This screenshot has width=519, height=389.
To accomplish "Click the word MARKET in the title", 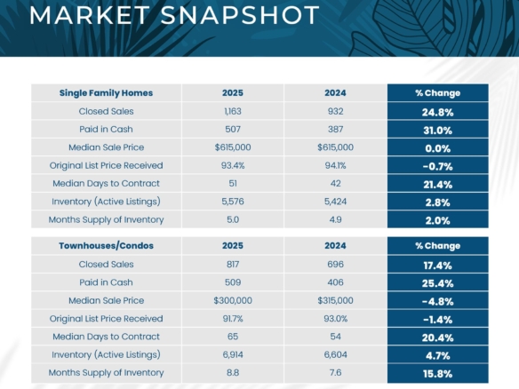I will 82,15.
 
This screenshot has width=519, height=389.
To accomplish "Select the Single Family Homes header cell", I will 106,92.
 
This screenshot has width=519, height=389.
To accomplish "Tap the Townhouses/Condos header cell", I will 106,246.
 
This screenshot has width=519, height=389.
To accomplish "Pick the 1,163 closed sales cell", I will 233,112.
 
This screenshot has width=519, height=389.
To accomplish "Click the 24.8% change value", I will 437,112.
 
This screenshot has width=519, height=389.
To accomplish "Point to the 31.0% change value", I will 437,130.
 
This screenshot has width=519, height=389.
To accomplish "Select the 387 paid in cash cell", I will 334,130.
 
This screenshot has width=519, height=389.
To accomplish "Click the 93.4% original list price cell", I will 233,165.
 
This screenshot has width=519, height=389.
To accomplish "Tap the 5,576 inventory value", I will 233,201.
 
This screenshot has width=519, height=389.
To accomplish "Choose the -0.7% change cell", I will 437,165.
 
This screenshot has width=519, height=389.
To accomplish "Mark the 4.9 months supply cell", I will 334,218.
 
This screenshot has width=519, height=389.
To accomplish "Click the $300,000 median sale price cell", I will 233,300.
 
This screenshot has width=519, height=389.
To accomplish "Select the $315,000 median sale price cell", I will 334,300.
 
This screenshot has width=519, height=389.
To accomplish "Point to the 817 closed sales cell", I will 233,265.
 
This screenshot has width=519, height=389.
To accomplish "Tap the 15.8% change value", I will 437,372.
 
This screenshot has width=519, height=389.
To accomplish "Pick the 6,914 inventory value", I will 233,354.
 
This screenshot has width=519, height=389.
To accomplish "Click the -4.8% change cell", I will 437,300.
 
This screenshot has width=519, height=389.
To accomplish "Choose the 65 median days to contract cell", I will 233,337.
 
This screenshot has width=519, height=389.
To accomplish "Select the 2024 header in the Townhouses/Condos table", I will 334,246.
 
